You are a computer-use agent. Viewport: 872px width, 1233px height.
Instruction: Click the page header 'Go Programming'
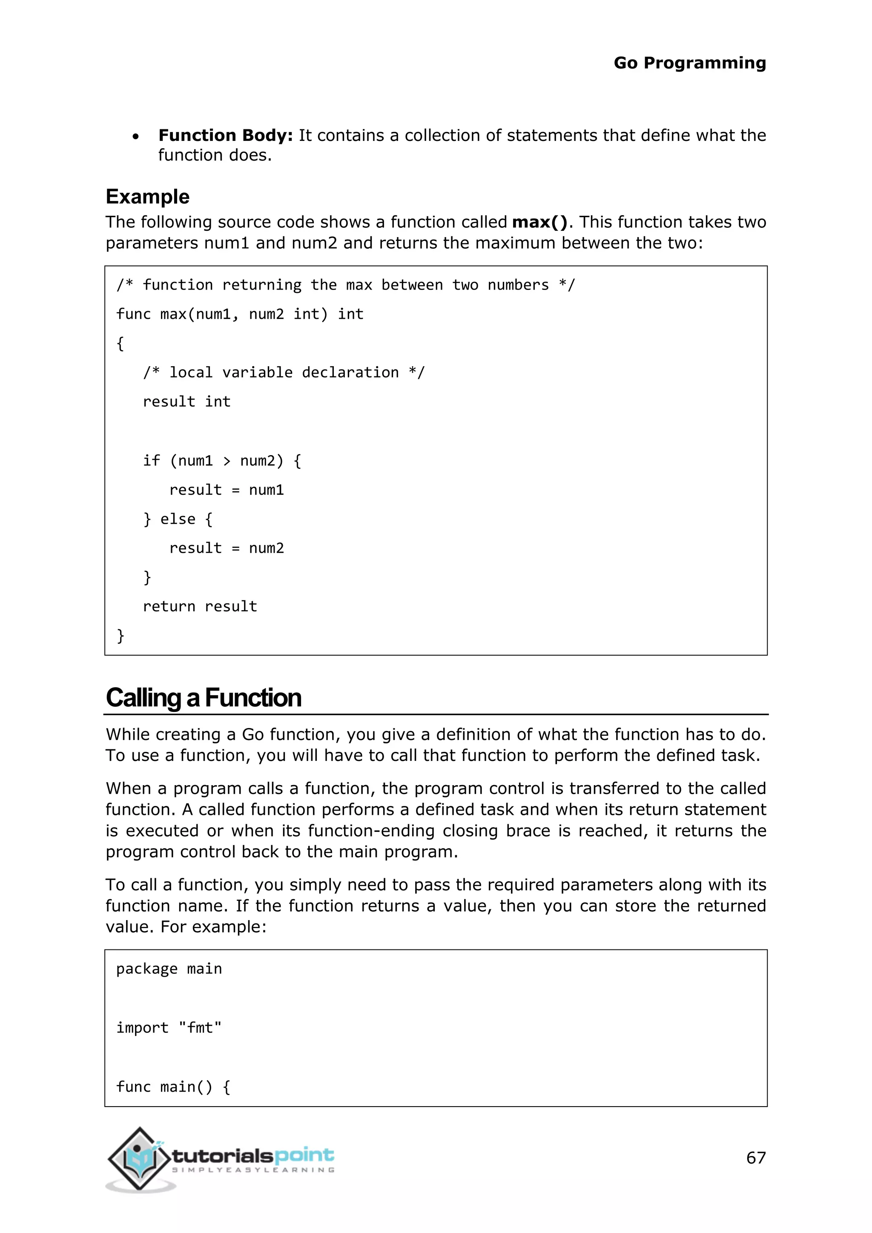689,63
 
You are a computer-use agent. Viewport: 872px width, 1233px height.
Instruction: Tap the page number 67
755,1157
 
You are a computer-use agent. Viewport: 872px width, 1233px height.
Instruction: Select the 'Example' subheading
148,197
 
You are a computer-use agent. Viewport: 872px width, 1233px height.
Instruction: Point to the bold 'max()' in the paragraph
539,222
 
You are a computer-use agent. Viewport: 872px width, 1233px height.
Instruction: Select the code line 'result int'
186,401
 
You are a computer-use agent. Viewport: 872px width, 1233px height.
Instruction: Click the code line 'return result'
200,606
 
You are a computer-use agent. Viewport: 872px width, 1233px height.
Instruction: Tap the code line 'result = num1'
226,490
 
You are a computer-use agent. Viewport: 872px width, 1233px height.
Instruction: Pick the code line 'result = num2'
226,548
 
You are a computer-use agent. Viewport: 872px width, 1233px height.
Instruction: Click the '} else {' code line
178,519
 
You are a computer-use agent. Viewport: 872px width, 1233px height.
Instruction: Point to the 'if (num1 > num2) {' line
222,461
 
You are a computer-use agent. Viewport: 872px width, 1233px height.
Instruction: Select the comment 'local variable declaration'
284,372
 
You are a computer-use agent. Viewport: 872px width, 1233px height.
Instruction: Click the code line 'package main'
169,969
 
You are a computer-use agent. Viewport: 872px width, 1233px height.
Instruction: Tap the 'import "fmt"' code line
169,1027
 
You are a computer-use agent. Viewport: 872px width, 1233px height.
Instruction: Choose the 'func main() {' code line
173,1087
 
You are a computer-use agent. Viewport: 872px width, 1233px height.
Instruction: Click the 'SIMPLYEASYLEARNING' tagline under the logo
253,1170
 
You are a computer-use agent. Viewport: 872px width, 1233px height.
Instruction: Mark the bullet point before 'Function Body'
136,137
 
